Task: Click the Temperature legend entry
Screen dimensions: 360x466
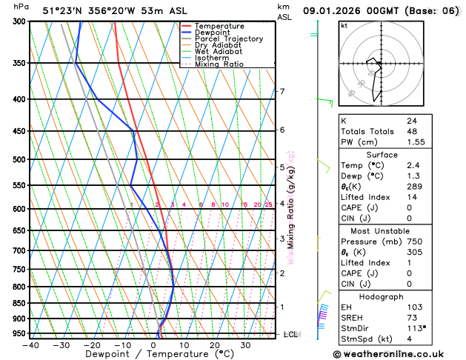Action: click(221, 26)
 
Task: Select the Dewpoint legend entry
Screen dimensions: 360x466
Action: click(215, 33)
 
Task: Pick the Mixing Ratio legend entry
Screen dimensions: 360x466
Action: click(219, 64)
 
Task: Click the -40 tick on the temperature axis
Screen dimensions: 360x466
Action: click(30, 345)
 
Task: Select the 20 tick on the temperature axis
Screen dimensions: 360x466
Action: click(214, 345)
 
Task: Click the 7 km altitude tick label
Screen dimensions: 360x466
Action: click(282, 92)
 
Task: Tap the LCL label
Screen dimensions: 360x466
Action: click(291, 334)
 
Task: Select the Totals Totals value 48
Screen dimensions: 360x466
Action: click(411, 131)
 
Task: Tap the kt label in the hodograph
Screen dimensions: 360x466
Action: click(344, 25)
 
